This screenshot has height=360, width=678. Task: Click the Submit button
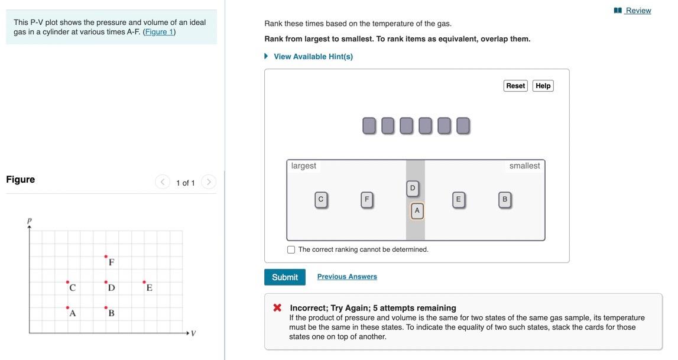click(284, 277)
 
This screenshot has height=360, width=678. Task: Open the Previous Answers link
click(347, 277)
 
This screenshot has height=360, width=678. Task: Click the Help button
click(543, 86)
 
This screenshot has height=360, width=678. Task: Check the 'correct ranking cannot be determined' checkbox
click(291, 249)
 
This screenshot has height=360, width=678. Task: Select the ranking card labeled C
click(321, 200)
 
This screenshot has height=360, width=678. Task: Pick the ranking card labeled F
click(366, 200)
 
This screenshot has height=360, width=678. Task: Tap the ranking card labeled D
click(413, 189)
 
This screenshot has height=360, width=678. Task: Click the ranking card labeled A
click(417, 210)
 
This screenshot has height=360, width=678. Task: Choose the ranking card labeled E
click(458, 200)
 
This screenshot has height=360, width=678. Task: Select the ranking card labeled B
click(504, 200)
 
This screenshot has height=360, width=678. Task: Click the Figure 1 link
click(159, 32)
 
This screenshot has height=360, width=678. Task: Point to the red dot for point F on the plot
click(106, 257)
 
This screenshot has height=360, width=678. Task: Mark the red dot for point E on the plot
click(144, 282)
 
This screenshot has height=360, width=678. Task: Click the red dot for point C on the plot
click(67, 282)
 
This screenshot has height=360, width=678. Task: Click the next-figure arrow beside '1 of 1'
click(208, 182)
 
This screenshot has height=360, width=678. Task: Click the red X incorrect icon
click(277, 308)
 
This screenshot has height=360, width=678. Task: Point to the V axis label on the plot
click(193, 334)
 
